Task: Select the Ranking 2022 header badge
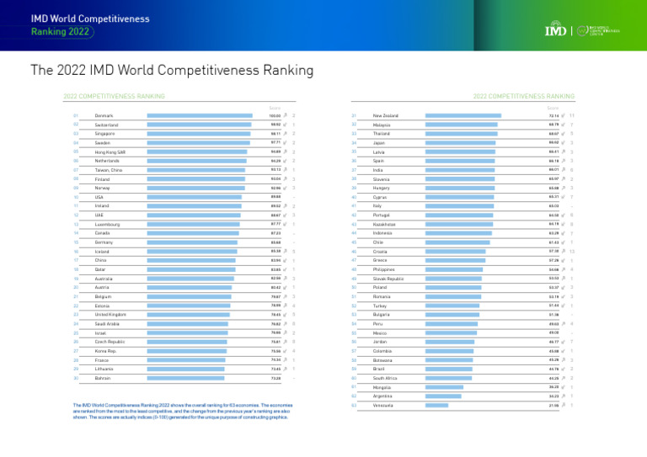tap(62, 32)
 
